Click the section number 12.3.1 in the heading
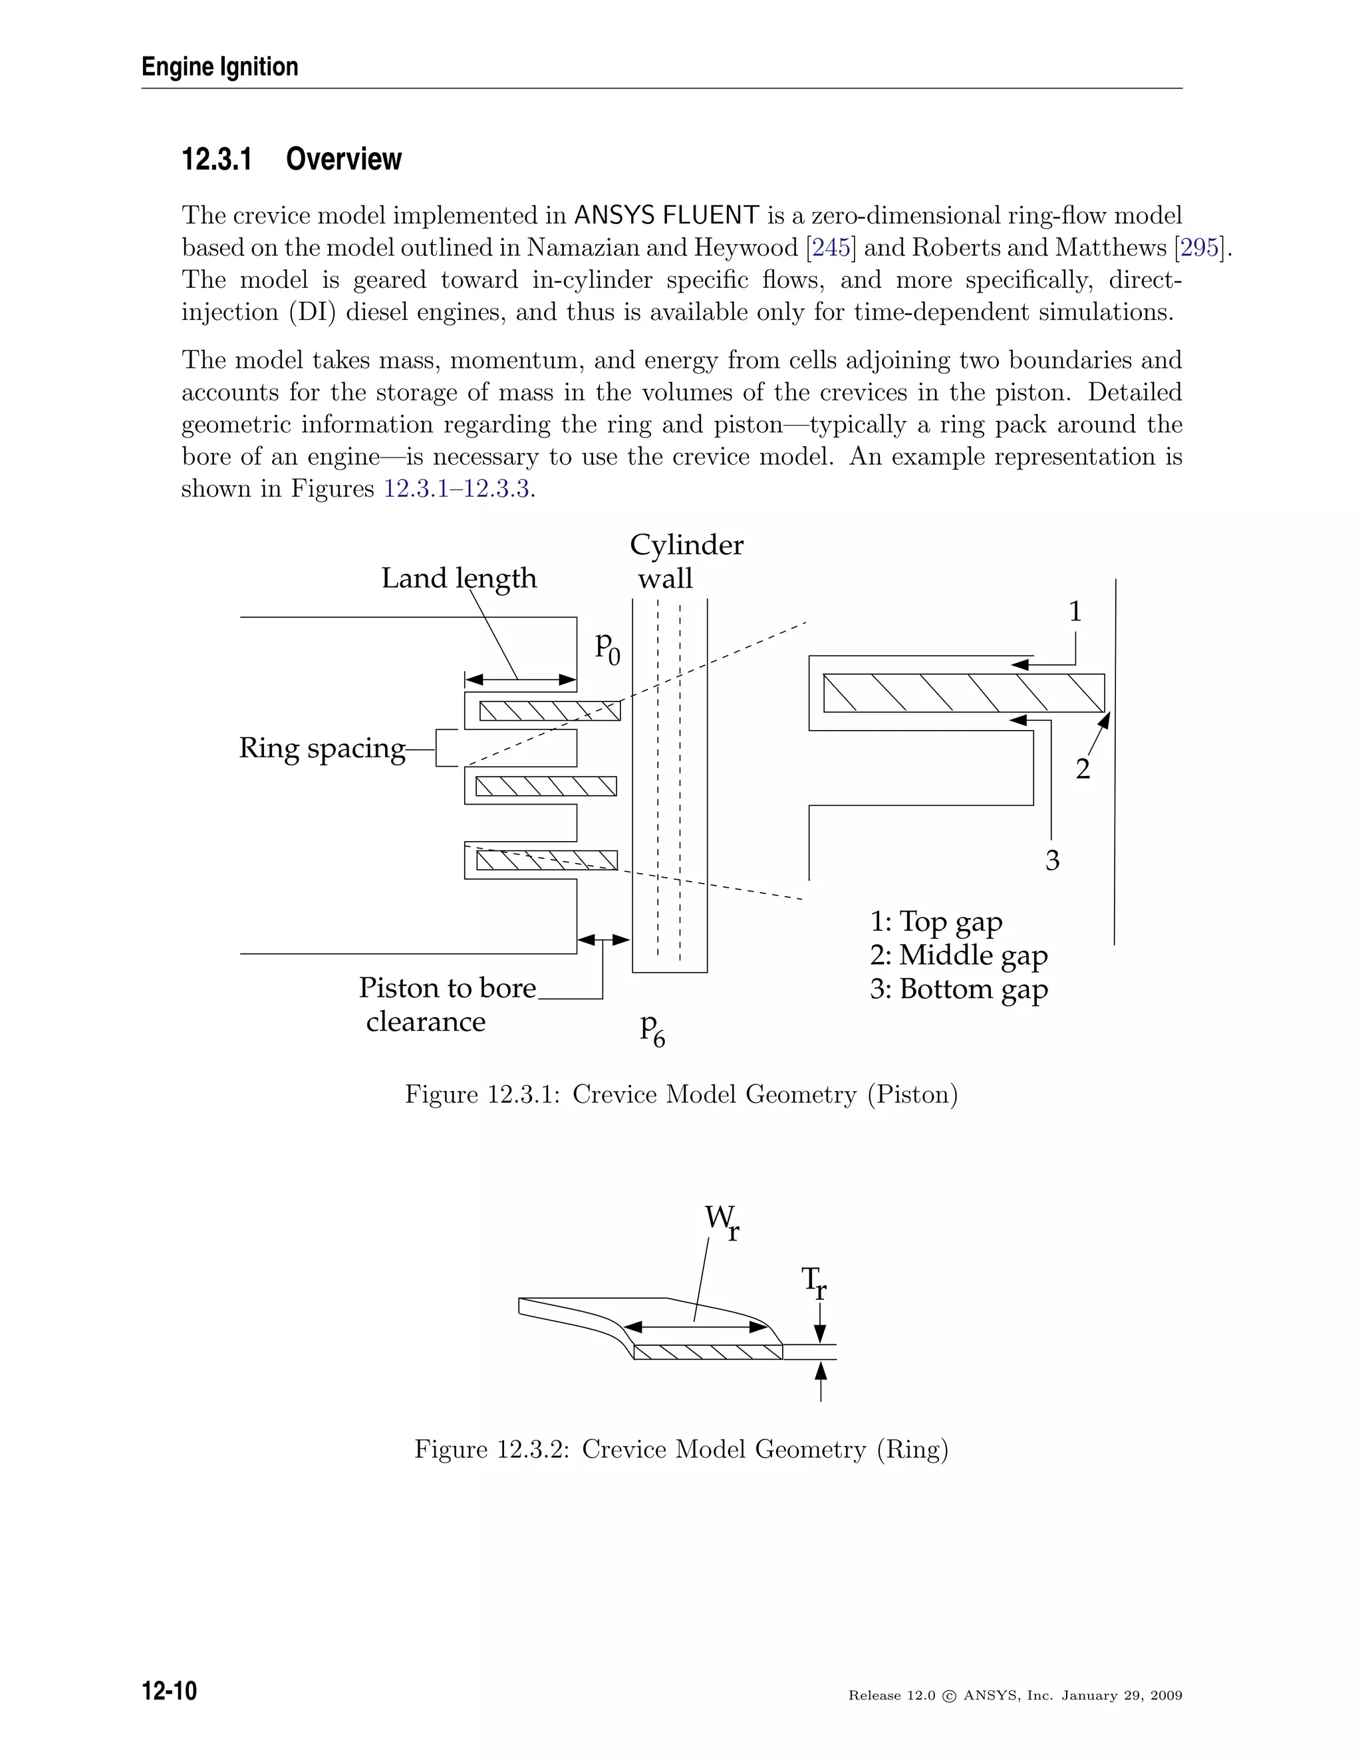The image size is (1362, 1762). pos(216,159)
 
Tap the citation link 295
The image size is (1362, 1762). pos(1200,248)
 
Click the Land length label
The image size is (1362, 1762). pos(458,578)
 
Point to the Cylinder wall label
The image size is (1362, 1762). pos(686,562)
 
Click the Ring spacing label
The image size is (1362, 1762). pos(322,748)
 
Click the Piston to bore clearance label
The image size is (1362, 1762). pos(446,1005)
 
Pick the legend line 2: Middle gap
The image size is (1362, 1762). pos(958,955)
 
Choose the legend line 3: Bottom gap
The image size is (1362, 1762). pos(958,989)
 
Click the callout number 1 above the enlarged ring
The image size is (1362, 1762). pos(1075,612)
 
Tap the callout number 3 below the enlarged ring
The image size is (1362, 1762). pos(1052,861)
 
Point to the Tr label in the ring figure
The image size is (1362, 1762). pos(813,1282)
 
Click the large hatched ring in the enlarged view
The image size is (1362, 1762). pos(964,693)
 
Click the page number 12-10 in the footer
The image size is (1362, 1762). pos(170,1690)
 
